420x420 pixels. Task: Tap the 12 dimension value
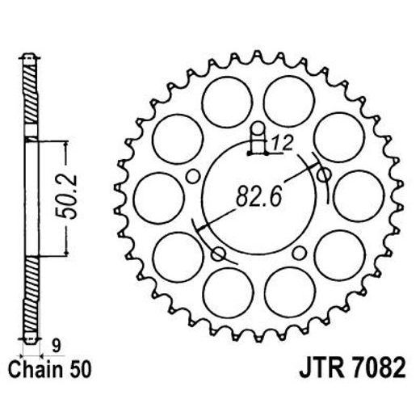coord(281,145)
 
